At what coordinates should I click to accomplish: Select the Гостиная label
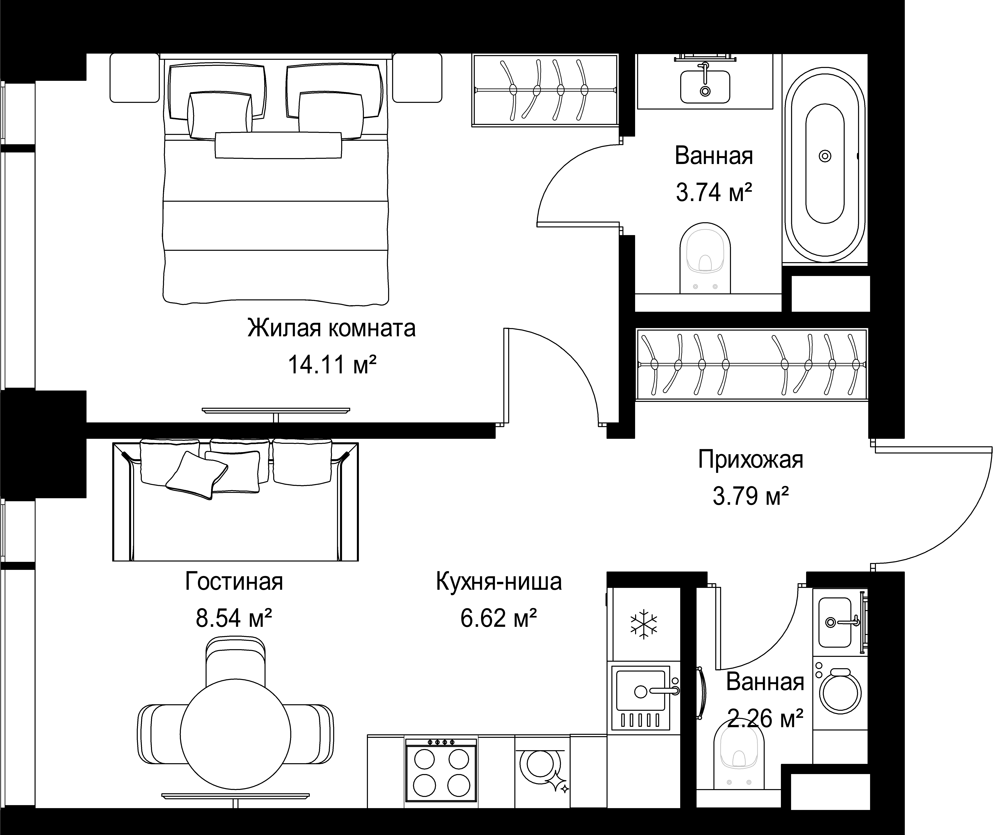click(x=234, y=582)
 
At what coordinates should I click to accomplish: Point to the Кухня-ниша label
click(x=499, y=582)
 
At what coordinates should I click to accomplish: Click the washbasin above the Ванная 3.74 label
click(x=705, y=86)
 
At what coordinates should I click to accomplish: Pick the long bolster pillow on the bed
click(x=278, y=145)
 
